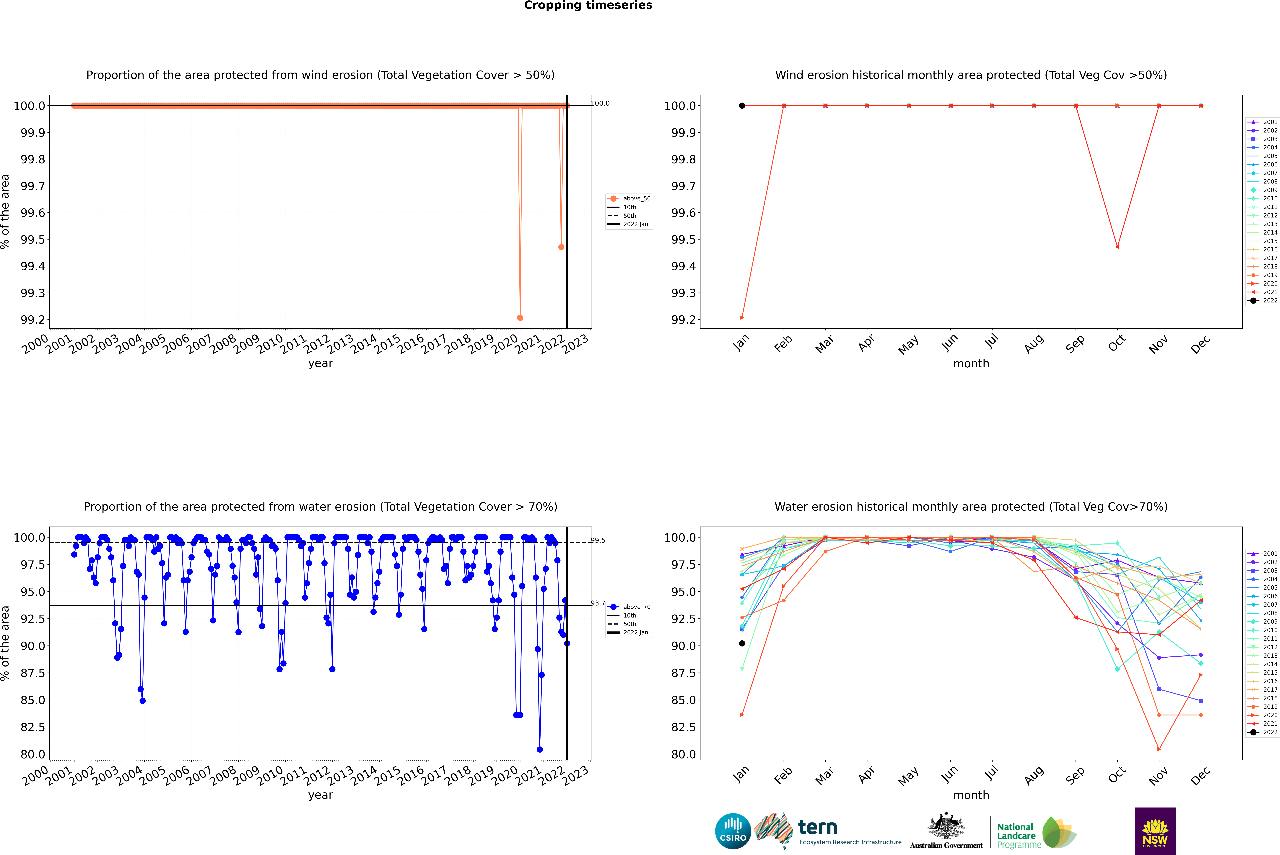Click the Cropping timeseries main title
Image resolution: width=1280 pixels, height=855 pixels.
588,5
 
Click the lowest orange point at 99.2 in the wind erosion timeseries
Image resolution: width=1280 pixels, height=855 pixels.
520,317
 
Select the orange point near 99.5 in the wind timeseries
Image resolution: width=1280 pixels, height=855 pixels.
561,247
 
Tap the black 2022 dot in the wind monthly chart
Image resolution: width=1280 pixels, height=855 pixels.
741,106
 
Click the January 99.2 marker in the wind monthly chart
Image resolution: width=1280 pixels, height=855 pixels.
741,317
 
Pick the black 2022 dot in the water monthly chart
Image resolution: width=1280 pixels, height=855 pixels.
741,643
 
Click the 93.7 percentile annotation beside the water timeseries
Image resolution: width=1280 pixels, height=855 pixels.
598,603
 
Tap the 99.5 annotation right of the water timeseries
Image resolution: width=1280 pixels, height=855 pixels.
598,540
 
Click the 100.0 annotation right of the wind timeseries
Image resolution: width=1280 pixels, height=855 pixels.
600,103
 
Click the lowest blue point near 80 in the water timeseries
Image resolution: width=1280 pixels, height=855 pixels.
540,749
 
